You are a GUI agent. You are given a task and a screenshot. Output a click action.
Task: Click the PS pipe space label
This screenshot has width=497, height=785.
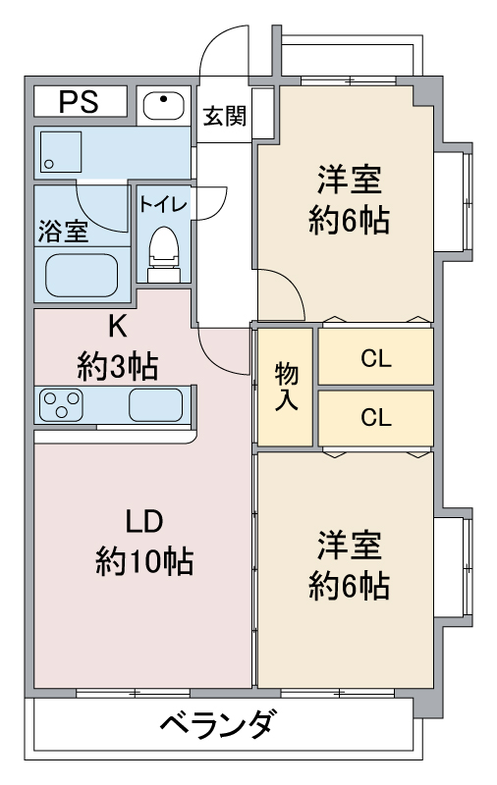79,102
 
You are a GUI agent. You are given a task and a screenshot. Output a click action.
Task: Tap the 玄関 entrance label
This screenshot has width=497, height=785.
225,117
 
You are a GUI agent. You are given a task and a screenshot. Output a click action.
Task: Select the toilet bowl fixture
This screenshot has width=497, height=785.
164,254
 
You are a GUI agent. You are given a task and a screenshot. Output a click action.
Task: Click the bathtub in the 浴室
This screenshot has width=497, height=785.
82,275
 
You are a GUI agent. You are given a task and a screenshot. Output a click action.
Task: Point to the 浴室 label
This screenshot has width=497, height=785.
63,232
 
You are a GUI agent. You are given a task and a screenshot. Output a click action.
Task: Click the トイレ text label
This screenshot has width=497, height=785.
163,205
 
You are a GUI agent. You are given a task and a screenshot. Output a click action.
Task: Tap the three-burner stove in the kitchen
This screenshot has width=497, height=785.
61,404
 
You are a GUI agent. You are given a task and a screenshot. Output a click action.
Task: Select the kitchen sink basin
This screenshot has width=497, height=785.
156,404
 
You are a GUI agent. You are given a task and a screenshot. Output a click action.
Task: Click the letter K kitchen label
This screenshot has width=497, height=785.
117,327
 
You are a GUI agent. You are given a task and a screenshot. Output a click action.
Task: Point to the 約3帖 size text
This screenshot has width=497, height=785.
117,366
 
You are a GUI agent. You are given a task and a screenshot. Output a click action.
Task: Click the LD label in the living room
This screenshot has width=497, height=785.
143,521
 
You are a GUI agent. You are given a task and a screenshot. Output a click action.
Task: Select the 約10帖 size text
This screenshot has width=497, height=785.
144,561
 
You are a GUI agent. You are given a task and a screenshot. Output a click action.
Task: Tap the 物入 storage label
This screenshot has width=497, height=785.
287,387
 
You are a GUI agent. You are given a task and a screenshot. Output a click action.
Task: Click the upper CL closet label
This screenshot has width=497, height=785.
376,358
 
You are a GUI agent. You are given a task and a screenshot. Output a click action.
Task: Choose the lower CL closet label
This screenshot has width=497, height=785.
376,418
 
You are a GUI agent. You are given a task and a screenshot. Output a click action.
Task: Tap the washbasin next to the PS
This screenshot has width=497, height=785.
164,106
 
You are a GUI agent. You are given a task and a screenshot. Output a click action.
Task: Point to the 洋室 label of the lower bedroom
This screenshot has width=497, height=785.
350,545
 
